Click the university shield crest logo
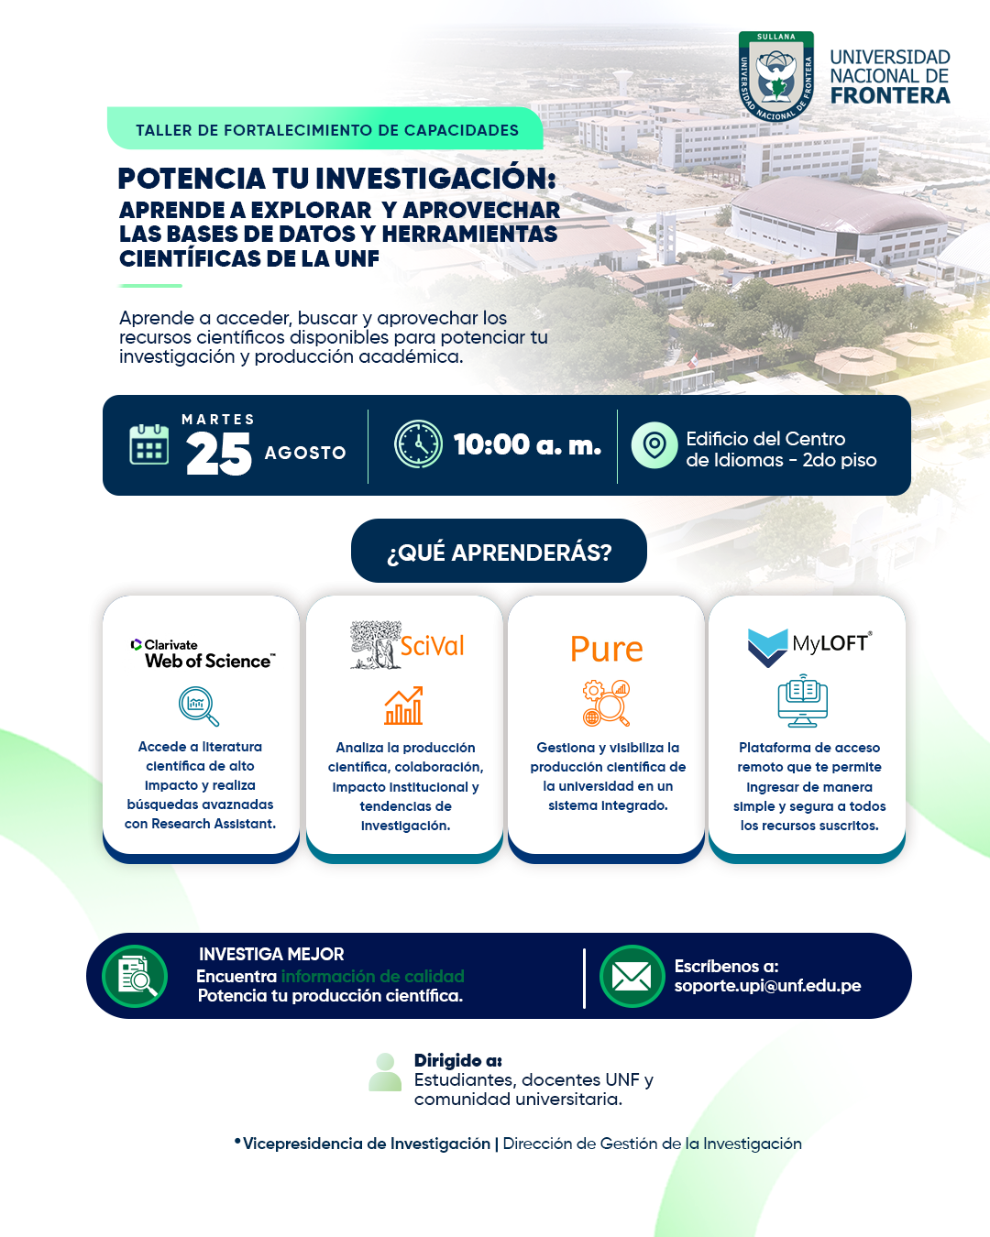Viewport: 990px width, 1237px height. tap(776, 76)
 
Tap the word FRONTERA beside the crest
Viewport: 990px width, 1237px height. tap(890, 96)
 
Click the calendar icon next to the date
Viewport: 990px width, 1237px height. tap(149, 444)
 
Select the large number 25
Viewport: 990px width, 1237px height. tap(218, 454)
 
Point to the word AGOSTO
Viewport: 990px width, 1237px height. tap(305, 453)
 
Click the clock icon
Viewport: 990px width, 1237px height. tap(418, 443)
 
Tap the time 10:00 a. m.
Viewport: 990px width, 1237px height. tap(527, 444)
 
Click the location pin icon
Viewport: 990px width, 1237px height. tap(654, 445)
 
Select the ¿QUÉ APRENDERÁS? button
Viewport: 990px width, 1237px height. tap(499, 551)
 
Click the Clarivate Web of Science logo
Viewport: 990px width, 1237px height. tap(203, 653)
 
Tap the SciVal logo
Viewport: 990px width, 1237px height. tap(407, 645)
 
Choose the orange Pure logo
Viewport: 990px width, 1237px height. tap(606, 650)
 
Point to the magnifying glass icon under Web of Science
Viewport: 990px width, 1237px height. tap(199, 706)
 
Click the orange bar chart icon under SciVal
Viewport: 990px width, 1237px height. tap(404, 706)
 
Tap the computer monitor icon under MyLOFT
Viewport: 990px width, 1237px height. tap(802, 701)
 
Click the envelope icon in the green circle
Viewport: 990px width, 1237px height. tap(632, 976)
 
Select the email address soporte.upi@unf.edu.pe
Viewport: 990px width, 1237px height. tap(767, 986)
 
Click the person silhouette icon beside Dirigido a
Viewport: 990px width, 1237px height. tap(385, 1072)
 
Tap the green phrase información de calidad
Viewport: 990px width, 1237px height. tap(373, 976)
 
